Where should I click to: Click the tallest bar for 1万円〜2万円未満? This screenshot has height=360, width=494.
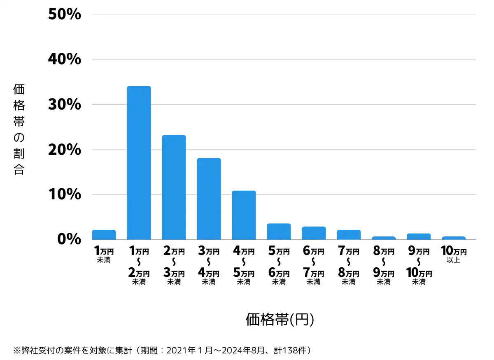(139, 163)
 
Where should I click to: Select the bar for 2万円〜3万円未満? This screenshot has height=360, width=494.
(174, 187)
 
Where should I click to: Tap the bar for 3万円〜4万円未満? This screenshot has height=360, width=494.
(209, 199)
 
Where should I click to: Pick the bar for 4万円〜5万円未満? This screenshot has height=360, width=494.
(244, 215)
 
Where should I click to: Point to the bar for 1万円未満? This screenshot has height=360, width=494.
(104, 235)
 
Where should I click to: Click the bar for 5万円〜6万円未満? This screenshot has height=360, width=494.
(279, 231)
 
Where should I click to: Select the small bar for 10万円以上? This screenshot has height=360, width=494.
(454, 238)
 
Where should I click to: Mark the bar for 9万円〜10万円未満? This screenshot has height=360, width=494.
(419, 236)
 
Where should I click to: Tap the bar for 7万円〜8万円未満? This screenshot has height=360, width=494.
(349, 235)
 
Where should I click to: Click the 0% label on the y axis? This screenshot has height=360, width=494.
(69, 239)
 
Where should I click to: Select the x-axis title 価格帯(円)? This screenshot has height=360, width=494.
(280, 319)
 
